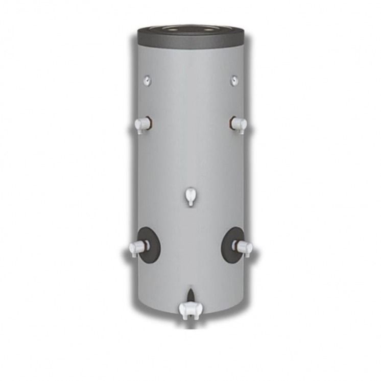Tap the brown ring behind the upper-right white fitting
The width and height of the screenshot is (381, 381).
(x=232, y=123)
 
